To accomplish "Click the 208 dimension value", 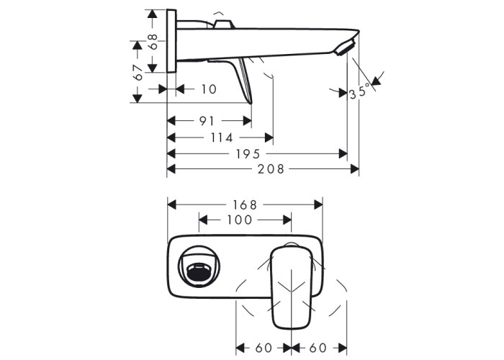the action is point(271,168).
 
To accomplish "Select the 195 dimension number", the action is point(248,154).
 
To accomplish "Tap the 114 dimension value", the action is point(222,138).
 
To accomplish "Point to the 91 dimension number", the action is point(207,121).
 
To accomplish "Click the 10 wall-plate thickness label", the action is point(209,89).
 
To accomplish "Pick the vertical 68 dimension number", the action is point(153,41).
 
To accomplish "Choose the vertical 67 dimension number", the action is point(138,73).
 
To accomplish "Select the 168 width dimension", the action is point(245,204).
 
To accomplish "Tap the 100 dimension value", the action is point(240,220).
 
